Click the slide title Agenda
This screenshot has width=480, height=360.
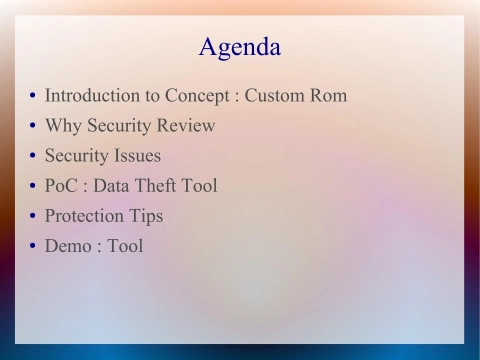(x=240, y=47)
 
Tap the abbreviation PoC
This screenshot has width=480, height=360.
(x=63, y=186)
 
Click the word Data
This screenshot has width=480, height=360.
(x=110, y=186)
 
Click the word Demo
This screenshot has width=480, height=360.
(x=67, y=246)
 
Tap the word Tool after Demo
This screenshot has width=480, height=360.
(x=125, y=246)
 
